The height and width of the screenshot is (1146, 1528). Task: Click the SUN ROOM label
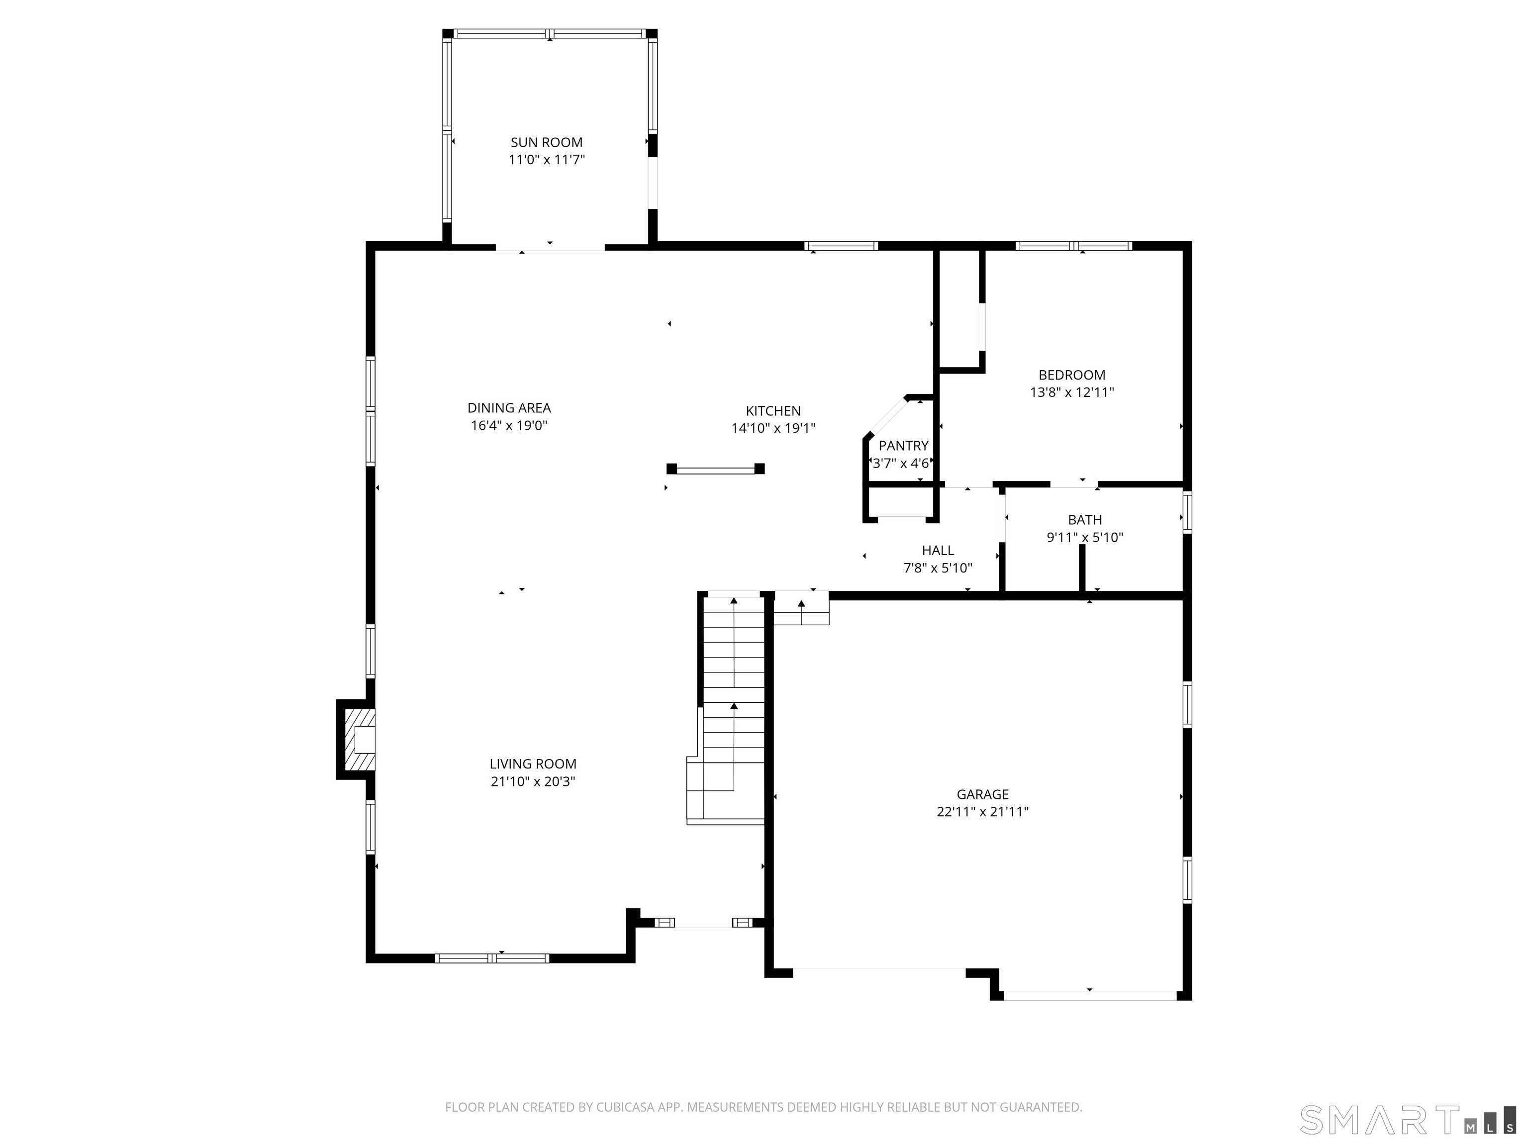pyautogui.click(x=547, y=142)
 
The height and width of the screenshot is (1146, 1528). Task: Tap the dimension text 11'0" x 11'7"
pyautogui.click(x=547, y=160)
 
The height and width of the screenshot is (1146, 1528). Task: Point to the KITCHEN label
pyautogui.click(x=773, y=410)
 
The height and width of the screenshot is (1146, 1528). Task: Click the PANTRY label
pyautogui.click(x=903, y=446)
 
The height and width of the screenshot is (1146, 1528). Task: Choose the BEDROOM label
pyautogui.click(x=1071, y=375)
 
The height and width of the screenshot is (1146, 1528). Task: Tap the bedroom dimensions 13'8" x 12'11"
pyautogui.click(x=1071, y=392)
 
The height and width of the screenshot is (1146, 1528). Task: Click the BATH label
pyautogui.click(x=1084, y=519)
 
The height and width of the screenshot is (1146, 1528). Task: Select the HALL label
pyautogui.click(x=938, y=551)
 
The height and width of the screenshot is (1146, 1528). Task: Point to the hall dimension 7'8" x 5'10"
pyautogui.click(x=938, y=568)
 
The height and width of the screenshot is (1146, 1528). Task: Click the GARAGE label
pyautogui.click(x=982, y=794)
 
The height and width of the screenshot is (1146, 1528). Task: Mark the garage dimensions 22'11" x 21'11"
pyautogui.click(x=982, y=812)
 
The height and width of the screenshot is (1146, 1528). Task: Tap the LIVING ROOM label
pyautogui.click(x=533, y=764)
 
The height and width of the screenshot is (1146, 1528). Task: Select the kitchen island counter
pyautogui.click(x=715, y=469)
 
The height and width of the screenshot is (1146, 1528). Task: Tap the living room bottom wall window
pyautogui.click(x=492, y=957)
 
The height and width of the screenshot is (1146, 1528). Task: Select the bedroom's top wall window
pyautogui.click(x=1073, y=245)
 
